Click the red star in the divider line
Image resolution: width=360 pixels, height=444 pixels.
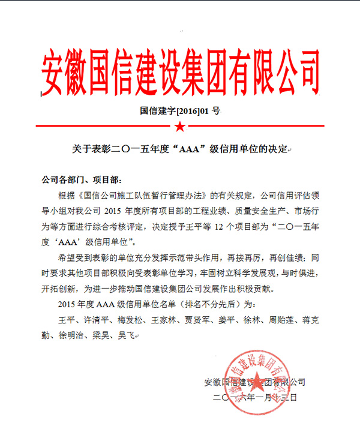pyautogui.click(x=179, y=125)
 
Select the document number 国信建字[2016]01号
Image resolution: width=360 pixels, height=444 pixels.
pyautogui.click(x=180, y=110)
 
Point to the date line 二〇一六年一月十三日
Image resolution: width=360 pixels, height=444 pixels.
pyautogui.click(x=255, y=397)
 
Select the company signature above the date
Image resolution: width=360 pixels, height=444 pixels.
pyautogui.click(x=255, y=382)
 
